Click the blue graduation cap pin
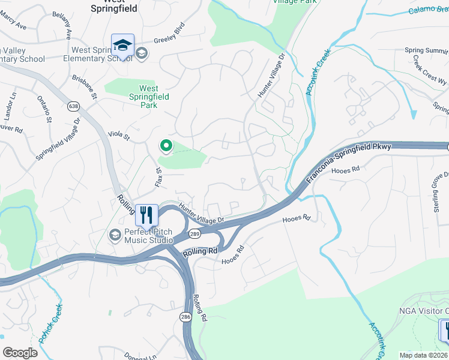122,46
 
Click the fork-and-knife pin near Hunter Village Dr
146,214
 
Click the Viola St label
118,137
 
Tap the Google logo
20,353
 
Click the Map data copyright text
423,354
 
